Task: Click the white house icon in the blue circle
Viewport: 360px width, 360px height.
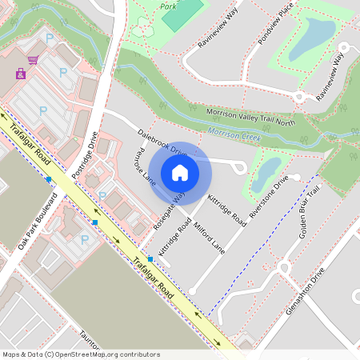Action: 180,172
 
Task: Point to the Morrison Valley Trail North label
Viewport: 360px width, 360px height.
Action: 252,117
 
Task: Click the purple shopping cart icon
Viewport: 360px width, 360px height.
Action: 33,60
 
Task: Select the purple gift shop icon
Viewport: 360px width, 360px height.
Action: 20,74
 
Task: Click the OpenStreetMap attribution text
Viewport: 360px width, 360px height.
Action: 81,354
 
